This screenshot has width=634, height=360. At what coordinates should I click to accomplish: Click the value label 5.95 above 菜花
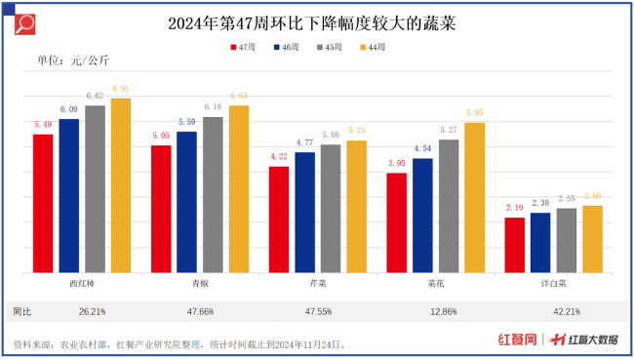pos(474,113)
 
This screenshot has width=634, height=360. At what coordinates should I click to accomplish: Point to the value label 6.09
pos(68,109)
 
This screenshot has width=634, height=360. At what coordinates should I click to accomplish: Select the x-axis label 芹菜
pos(318,284)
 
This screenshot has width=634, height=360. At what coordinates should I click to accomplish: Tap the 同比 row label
pos(22,312)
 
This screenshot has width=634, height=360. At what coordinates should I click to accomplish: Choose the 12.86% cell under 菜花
pos(436,312)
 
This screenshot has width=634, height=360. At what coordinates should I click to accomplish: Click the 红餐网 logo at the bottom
pos(517,340)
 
